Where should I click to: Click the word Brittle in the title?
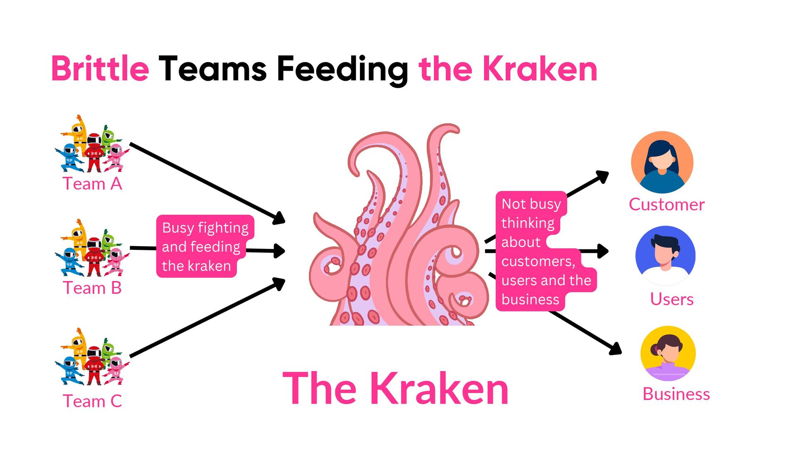coord(100,69)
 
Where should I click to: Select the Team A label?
coord(92,184)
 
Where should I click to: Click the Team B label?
coord(92,288)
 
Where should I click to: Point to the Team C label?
coord(92,401)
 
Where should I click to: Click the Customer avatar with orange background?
coord(662,162)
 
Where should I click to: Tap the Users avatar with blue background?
coord(665,255)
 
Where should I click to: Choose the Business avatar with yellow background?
coord(668,353)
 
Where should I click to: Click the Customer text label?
coord(667,205)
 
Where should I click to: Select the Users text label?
coord(672,299)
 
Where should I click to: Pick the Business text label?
coord(676,394)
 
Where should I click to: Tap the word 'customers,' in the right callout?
coord(538,261)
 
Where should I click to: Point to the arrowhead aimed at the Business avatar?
coord(616,349)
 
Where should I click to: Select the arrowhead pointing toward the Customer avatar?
coord(602,176)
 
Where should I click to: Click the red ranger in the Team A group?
coord(94,152)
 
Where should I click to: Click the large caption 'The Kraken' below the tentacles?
coord(395,389)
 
